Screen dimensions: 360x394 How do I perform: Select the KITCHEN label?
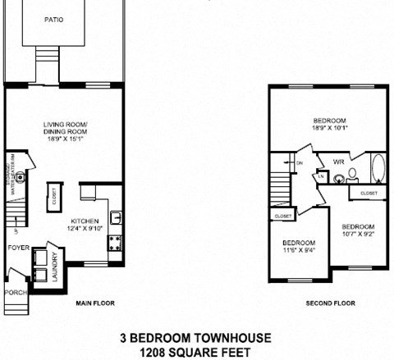[85, 221]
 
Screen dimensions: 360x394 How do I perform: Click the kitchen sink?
[117, 218]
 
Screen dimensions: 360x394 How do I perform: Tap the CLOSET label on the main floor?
[55, 198]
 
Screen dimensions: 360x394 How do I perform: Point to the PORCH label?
[14, 291]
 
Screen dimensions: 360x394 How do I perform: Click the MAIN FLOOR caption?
[95, 303]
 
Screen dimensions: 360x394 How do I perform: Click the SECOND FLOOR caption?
[330, 303]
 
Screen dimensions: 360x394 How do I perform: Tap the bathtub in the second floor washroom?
[378, 170]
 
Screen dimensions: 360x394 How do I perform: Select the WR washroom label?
[338, 162]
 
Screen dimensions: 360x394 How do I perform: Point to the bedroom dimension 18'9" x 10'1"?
[330, 128]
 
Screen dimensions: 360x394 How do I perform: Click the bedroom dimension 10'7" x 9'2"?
[358, 234]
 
